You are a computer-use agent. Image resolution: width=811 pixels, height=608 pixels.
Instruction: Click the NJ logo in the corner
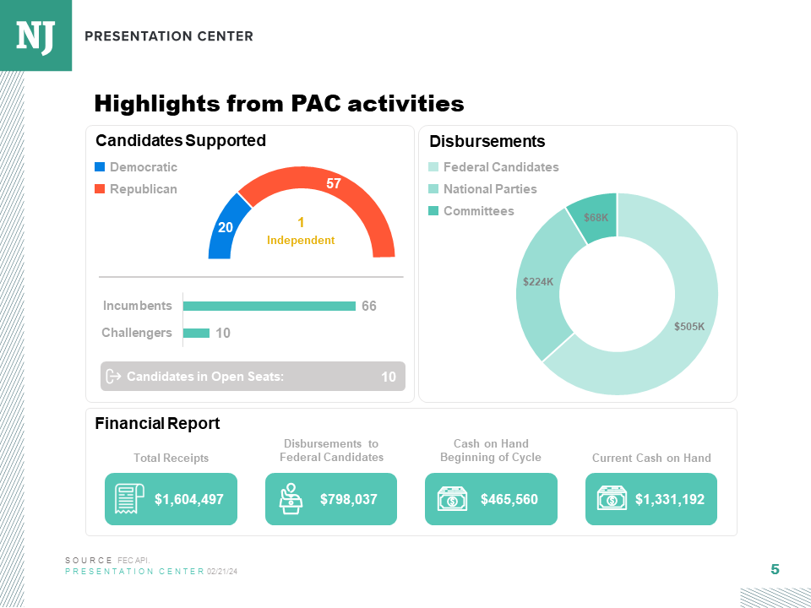point(35,35)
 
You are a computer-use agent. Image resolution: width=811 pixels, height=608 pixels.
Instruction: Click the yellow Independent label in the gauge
point(301,231)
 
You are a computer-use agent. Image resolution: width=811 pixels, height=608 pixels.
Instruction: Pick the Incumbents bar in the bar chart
point(269,306)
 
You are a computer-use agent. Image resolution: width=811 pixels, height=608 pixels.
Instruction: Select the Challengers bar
point(196,333)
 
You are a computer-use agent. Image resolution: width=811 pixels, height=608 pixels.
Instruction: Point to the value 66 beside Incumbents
point(369,307)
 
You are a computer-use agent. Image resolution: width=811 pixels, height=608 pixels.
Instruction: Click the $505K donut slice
point(689,325)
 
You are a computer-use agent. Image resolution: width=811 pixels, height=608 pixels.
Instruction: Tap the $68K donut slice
point(596,217)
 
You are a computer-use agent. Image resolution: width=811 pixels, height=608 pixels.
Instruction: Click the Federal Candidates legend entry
point(501,167)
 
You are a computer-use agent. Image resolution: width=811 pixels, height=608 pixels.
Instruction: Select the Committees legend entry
point(478,211)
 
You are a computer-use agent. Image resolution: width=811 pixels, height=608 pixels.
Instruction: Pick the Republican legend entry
point(143,189)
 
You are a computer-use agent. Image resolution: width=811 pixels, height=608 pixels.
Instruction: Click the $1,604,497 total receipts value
point(188,499)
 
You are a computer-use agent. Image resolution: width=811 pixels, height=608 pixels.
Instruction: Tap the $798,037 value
point(348,499)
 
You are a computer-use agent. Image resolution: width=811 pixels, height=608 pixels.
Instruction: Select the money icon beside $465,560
point(452,499)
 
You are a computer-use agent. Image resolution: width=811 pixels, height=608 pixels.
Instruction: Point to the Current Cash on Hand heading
point(651,458)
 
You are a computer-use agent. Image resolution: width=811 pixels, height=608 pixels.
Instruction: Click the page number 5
point(775,570)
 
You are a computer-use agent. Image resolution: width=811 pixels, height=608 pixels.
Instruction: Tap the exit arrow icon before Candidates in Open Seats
point(115,376)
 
